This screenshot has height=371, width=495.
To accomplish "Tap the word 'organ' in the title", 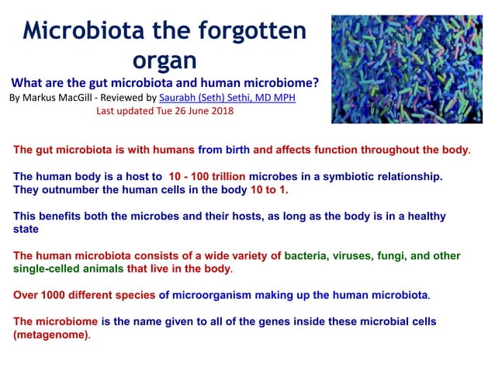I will click(164, 60).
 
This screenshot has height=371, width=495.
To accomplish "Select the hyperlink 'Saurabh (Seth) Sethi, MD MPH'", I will click(227, 98).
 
